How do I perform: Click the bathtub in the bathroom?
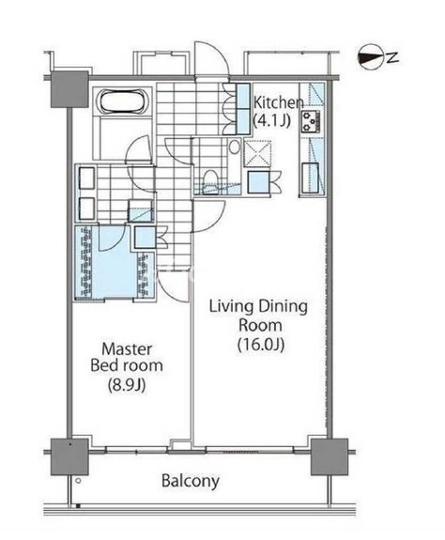(123, 100)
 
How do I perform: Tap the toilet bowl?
(210, 181)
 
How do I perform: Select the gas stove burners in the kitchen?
(311, 122)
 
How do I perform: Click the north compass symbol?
(370, 57)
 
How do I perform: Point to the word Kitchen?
(279, 102)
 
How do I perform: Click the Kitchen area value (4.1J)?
(272, 121)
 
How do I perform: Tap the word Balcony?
(191, 482)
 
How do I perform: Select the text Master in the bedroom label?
(127, 349)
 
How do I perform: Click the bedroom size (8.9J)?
(127, 385)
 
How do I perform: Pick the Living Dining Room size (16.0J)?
(261, 345)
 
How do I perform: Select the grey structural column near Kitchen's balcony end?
(330, 457)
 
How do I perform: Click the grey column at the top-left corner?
(69, 89)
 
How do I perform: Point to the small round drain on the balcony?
(78, 481)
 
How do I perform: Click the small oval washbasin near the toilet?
(235, 147)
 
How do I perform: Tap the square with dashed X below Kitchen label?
(257, 154)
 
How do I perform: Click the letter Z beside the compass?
(392, 57)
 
